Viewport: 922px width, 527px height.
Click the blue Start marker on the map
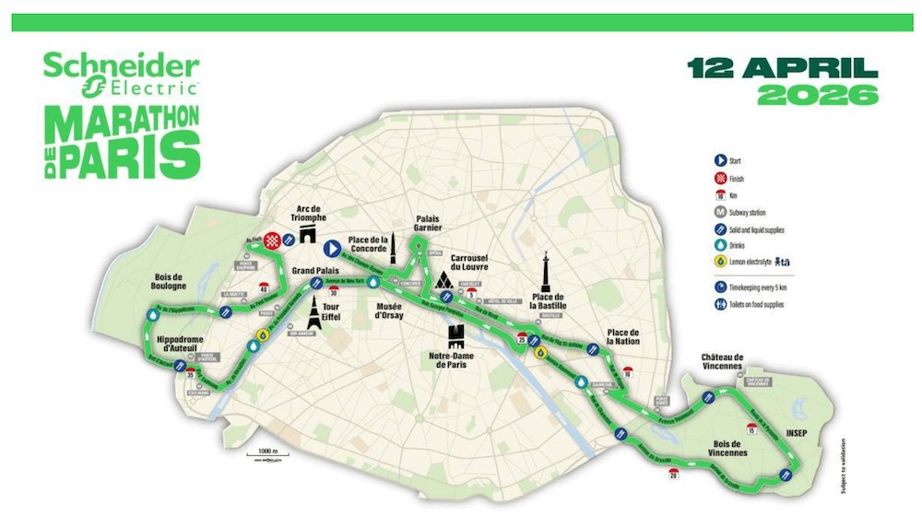coord(331,247)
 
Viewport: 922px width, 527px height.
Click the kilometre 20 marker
coord(673,474)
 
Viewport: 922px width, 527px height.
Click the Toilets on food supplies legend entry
coord(761,303)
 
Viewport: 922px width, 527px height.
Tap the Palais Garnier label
coord(425,225)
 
